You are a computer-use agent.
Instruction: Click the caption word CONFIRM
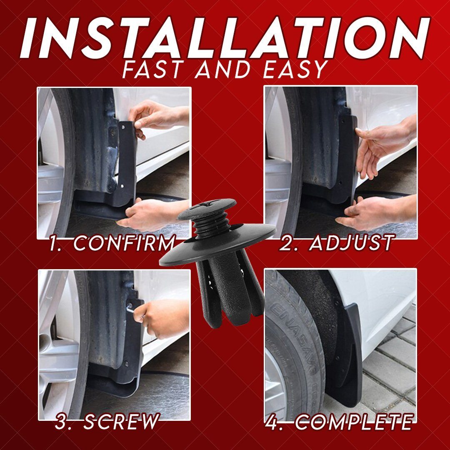tap(124, 243)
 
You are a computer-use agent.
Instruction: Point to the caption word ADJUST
tap(351, 242)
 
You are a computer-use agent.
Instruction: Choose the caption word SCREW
tap(121, 422)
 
